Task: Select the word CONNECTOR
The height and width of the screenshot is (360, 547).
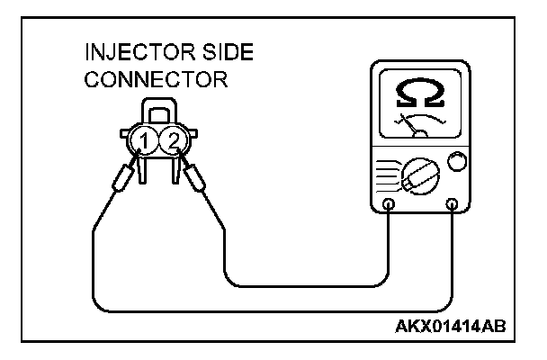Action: click(x=155, y=80)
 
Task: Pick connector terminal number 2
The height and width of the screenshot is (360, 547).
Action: click(x=173, y=139)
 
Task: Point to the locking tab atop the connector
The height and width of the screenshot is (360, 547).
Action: click(x=158, y=113)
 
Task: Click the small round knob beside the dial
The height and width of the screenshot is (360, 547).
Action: click(x=457, y=162)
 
